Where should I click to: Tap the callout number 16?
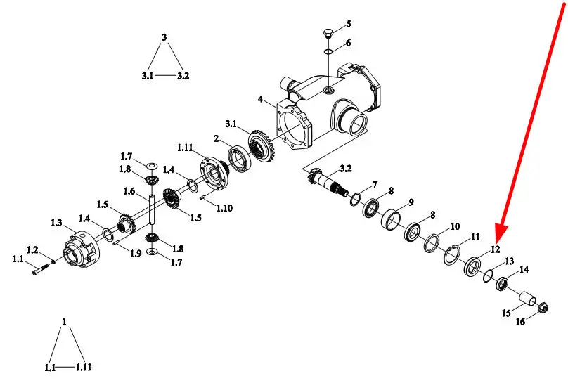[x=520, y=321]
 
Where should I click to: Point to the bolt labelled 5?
[x=328, y=34]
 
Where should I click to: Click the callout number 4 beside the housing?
[x=261, y=98]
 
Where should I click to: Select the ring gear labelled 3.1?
[x=262, y=145]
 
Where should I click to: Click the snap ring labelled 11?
[x=452, y=256]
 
